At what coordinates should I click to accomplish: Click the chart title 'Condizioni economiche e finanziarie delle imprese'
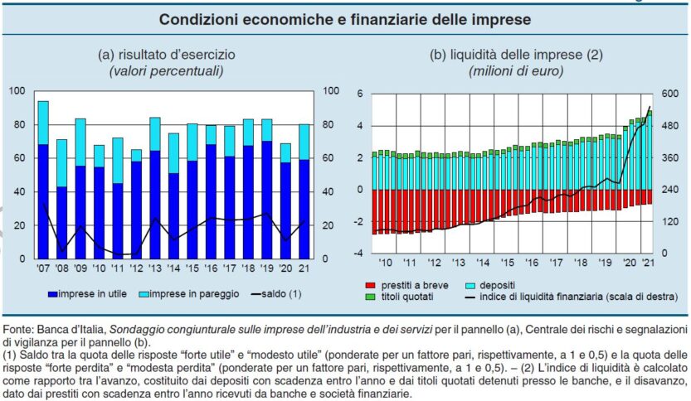point(345,17)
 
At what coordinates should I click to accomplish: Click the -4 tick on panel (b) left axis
point(360,252)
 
